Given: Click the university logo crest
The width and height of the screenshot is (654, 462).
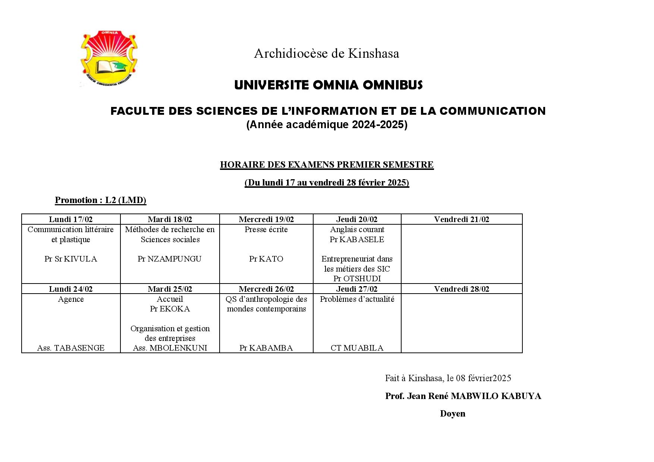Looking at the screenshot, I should point(109,58).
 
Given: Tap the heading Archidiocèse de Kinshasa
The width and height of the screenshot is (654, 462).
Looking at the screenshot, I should point(326,54).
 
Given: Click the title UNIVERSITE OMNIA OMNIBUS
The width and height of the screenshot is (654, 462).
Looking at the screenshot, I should point(328,85).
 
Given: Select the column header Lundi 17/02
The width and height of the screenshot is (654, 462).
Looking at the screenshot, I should point(71,219).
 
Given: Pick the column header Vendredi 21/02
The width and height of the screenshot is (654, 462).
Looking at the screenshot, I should point(461,219).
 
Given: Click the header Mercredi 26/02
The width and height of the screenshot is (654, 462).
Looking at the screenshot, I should point(266,289).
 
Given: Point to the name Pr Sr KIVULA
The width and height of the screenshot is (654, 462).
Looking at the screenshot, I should point(71,259).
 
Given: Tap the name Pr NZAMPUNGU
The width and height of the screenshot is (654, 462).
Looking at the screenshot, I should point(170,259).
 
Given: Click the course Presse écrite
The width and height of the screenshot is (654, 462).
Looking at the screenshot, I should point(266,230).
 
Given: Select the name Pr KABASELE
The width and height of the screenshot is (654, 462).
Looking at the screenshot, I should point(357,240).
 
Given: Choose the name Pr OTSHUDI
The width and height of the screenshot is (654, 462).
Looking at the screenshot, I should point(357,279).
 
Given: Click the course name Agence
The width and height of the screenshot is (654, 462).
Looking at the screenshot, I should point(71,299).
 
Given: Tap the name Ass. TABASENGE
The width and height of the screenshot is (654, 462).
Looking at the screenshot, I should point(71,348).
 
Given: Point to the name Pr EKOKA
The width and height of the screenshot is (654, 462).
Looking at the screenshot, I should point(170,309).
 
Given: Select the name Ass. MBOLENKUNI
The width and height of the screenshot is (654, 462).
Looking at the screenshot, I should point(170,348).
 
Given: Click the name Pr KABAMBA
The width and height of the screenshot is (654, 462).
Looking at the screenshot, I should point(266,348).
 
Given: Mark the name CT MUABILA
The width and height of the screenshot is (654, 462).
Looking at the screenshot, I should point(357,348).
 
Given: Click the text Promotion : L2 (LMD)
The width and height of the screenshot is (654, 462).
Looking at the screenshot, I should point(101,200).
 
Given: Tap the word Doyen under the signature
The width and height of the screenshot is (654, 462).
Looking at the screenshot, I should point(453,414).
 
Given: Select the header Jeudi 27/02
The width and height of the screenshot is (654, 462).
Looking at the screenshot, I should point(357,289).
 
